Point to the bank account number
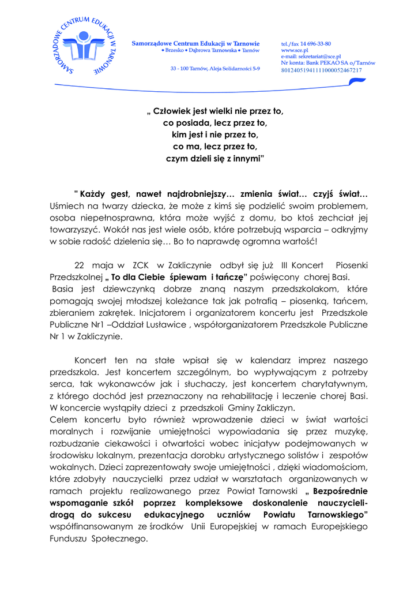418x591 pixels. pos(321,70)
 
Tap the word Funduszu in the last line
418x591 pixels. pos(67,539)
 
